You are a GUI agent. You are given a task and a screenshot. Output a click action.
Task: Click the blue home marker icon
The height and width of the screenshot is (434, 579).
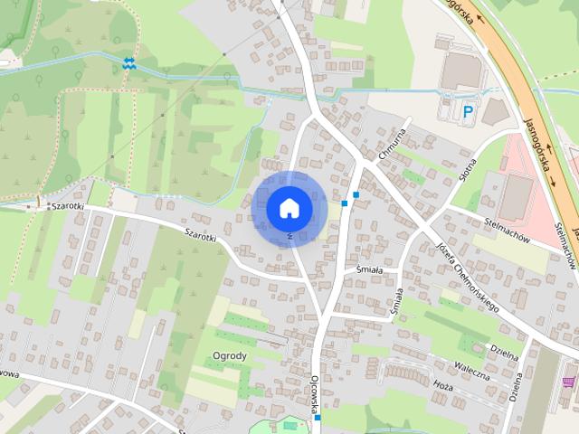(289, 208)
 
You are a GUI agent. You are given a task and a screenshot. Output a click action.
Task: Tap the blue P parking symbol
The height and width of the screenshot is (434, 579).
(468, 112)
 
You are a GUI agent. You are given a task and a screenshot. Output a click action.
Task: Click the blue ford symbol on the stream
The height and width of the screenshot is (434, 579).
(128, 63)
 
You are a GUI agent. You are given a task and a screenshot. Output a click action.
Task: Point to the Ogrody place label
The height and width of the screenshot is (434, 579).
(230, 355)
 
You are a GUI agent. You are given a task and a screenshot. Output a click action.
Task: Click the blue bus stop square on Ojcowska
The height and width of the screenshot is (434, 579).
(317, 417)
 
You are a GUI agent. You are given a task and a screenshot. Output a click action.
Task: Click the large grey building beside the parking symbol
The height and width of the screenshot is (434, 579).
(463, 71)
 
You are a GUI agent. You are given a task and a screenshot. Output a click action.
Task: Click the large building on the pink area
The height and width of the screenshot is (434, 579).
(517, 195)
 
